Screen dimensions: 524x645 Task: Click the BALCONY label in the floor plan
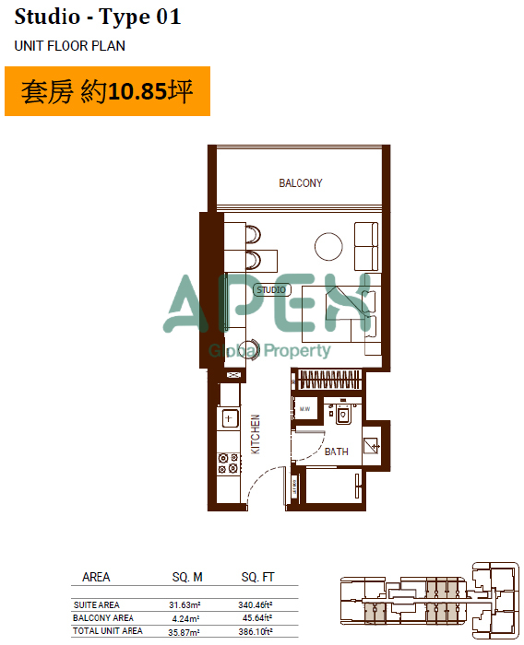click(301, 183)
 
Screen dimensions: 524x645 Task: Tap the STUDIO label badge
click(272, 290)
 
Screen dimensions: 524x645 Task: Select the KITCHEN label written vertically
click(256, 434)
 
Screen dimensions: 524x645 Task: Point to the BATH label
click(336, 451)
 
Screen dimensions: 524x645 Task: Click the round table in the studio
click(328, 246)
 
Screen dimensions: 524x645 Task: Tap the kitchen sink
click(230, 418)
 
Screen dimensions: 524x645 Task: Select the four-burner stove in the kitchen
click(228, 463)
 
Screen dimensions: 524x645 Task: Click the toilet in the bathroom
click(343, 414)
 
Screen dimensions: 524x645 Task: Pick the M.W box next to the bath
click(304, 408)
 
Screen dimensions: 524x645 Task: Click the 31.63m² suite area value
click(185, 604)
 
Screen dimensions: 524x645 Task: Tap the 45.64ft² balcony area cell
click(257, 618)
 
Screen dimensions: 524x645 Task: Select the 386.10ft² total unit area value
click(255, 631)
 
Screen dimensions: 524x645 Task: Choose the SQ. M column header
click(187, 577)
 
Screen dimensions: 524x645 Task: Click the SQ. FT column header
click(258, 577)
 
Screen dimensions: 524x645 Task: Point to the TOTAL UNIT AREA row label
click(108, 631)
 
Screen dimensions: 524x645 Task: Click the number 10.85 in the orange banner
click(137, 91)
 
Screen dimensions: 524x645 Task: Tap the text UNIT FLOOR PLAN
click(69, 46)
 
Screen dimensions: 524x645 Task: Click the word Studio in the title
click(47, 18)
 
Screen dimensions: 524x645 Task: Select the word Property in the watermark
click(297, 351)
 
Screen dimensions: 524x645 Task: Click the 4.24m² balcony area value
click(185, 618)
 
